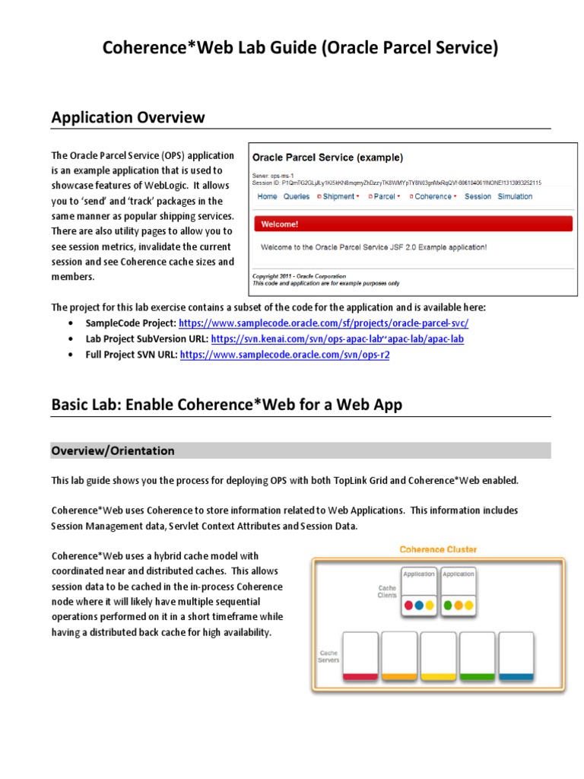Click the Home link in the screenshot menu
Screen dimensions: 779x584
point(267,196)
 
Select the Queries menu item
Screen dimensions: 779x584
point(297,196)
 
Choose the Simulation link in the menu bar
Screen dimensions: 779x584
point(515,196)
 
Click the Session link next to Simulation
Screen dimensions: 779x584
point(478,196)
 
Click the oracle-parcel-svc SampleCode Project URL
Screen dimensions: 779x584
point(328,322)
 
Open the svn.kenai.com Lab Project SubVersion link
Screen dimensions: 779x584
point(337,339)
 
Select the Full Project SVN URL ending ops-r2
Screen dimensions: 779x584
point(284,355)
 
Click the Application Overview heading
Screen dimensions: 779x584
point(128,117)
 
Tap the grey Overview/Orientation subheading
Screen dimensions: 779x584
point(113,450)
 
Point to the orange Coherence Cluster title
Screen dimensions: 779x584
point(439,548)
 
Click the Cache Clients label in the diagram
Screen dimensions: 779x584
point(387,592)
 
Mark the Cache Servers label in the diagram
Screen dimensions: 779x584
point(329,655)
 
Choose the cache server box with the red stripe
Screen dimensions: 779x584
point(360,655)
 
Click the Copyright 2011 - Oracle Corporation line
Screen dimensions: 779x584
point(299,276)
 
